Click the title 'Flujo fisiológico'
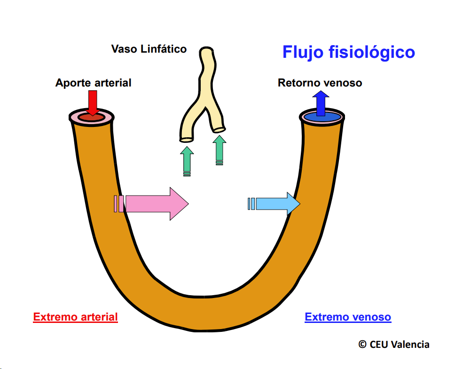point(348,52)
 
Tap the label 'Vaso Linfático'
point(149,49)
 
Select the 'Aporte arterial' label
point(93,83)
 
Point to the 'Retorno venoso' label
point(320,83)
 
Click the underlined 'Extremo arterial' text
point(75,317)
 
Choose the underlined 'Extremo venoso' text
point(348,317)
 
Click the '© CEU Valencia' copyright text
point(394,344)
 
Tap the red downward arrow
point(93,102)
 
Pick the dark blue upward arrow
point(321,102)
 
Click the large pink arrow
point(155,204)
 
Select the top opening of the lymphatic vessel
point(206,50)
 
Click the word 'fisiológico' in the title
point(369,52)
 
